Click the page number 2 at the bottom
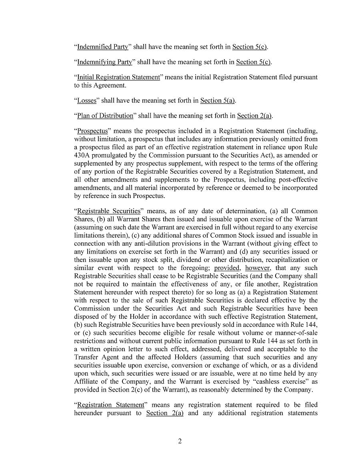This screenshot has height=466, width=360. coord(180,442)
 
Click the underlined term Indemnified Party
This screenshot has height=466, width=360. coord(102,47)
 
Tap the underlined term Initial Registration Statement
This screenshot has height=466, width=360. coord(118,77)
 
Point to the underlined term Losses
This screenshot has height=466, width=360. coord(87,100)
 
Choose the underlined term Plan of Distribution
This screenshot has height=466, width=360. coord(105,116)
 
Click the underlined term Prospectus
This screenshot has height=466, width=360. coord(92,131)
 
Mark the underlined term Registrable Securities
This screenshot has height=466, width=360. coord(108,211)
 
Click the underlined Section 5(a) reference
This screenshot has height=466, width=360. coord(218,100)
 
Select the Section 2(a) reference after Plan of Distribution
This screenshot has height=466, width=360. coord(254,116)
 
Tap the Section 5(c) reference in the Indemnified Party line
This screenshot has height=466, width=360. coord(250,47)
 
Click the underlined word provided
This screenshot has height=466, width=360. coord(226,268)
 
